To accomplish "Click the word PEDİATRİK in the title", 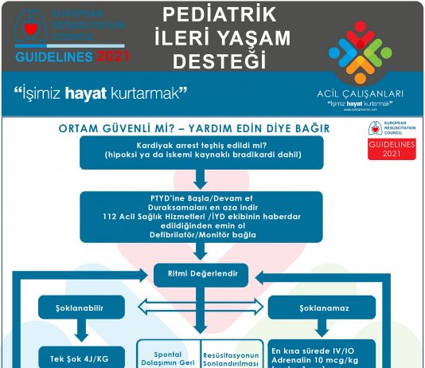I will pos(213,14).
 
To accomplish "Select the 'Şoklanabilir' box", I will pos(79,307).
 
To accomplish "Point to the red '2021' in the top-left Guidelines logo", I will pos(114,57).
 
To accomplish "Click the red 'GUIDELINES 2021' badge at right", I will pos(392,149).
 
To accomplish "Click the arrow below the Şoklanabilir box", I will pos(79,330).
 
